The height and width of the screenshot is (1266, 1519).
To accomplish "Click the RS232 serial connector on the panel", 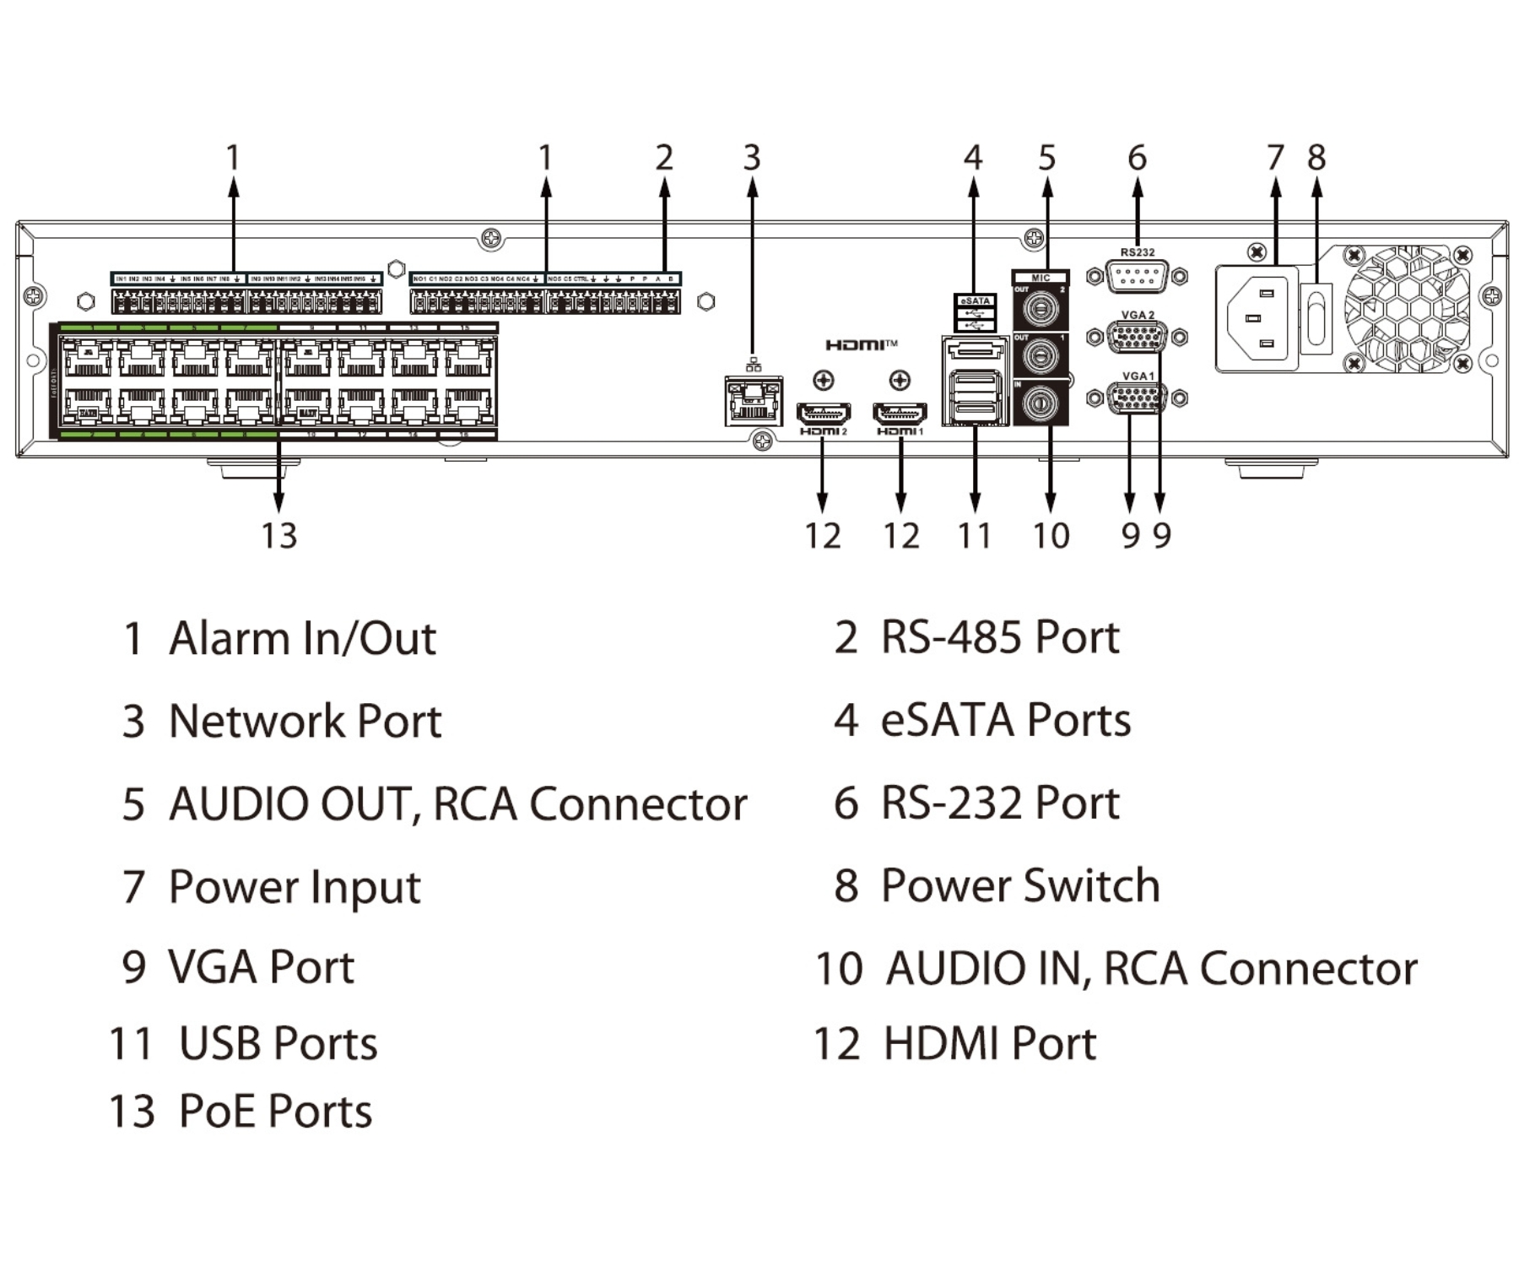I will pos(1137,277).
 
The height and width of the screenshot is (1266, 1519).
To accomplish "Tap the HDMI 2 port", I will pos(823,414).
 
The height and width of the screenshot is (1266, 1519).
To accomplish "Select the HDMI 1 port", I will pos(900,414).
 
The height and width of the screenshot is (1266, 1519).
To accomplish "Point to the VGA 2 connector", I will pos(1137,338).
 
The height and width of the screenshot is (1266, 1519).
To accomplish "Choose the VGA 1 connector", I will pos(1137,398).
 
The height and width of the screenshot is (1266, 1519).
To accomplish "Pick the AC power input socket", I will pos(1257,319).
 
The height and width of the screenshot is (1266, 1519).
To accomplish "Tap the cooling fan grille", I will pos(1408,309).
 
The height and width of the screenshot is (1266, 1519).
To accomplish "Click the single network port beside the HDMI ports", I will pos(753,401).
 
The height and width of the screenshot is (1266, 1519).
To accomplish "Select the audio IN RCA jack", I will pos(1040,403).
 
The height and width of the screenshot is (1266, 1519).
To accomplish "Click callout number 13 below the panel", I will pos(279,536).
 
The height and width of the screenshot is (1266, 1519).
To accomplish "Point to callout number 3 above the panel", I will pos(752,158).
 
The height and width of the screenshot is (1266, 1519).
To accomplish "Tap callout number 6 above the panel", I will pos(1137,158).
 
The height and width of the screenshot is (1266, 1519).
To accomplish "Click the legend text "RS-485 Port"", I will pos(1000,637).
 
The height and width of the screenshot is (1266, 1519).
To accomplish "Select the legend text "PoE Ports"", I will pos(275,1111).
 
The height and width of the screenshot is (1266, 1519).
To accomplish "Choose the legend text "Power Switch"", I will pos(1020,886).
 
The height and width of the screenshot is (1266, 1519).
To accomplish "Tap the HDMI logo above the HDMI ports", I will pos(861,344).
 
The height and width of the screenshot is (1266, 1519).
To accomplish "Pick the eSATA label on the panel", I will pos(975,300).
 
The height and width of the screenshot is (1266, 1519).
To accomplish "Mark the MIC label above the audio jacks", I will pos(1041,278).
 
